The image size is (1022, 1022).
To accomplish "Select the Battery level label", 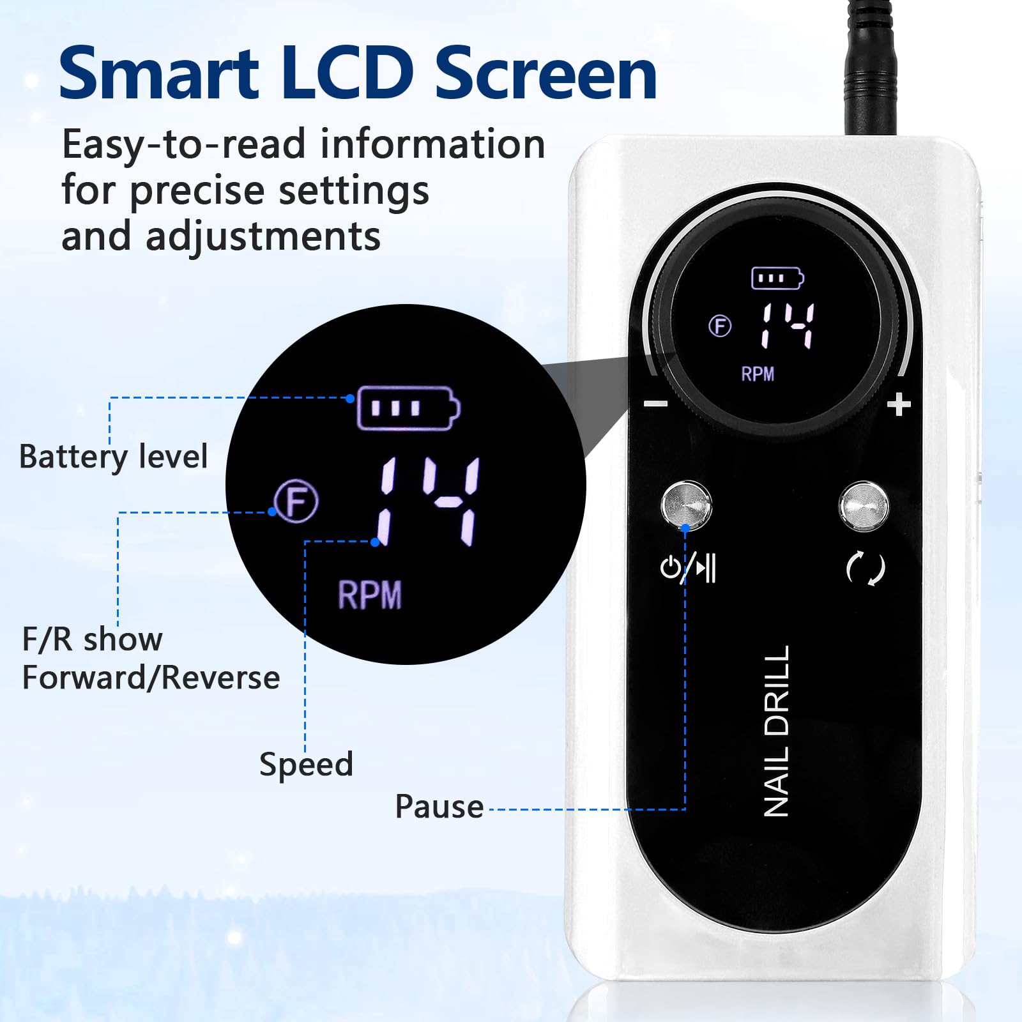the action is pyautogui.click(x=114, y=457).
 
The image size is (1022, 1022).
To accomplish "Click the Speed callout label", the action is pyautogui.click(x=306, y=765).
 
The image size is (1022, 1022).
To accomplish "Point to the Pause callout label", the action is pyautogui.click(x=439, y=806).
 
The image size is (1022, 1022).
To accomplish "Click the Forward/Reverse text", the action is pyautogui.click(x=151, y=678).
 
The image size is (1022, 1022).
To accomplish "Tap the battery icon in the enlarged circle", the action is pyautogui.click(x=408, y=408).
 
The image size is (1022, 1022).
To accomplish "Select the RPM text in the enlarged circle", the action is pyautogui.click(x=369, y=595).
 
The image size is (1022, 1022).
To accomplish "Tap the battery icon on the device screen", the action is pyautogui.click(x=777, y=278).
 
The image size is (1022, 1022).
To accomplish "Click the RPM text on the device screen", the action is pyautogui.click(x=758, y=374).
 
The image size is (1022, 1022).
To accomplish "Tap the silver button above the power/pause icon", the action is pyautogui.click(x=686, y=505).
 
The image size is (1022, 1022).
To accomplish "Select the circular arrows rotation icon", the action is pyautogui.click(x=866, y=568).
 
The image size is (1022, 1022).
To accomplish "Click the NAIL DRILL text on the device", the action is pyautogui.click(x=777, y=731).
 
